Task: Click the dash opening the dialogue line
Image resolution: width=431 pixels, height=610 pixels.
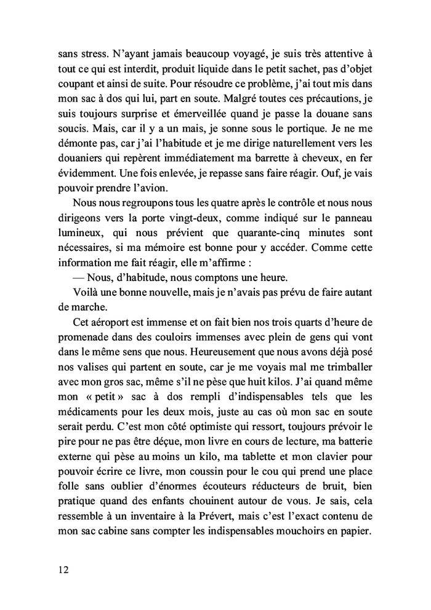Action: pos(78,275)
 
